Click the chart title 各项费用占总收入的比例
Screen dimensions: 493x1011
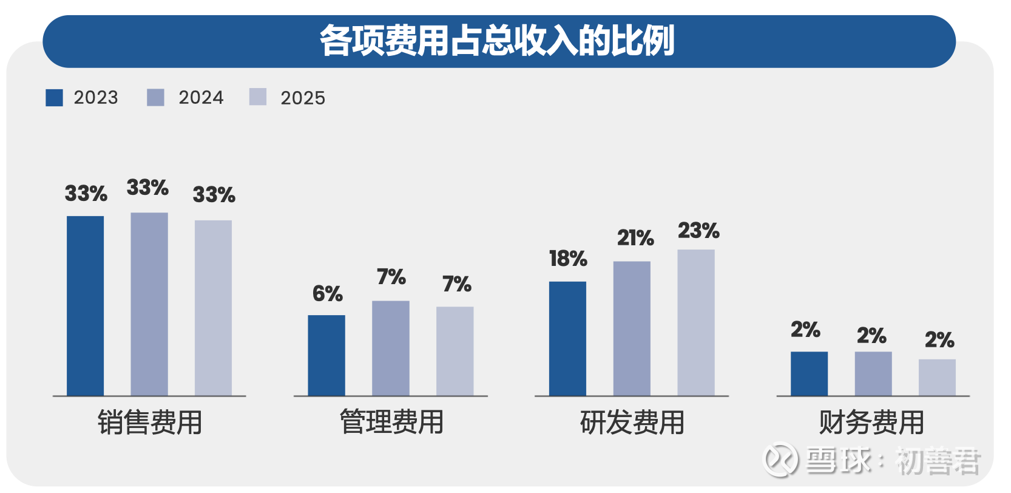coord(498,41)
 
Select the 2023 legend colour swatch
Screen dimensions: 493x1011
coord(54,98)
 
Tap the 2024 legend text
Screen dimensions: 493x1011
coord(201,98)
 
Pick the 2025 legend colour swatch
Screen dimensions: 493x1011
coord(258,97)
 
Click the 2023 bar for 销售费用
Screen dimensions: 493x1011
coord(85,306)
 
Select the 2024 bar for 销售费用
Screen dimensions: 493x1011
coord(149,304)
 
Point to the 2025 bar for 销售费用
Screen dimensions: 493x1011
coord(213,308)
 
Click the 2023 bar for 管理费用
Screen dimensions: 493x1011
coord(326,355)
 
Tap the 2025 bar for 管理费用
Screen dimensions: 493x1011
coord(455,351)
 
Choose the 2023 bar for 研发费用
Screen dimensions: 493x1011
coord(567,338)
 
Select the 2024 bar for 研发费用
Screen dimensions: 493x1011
coord(632,328)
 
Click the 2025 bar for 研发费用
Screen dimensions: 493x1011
coord(696,322)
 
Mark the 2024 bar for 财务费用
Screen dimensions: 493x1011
coord(873,373)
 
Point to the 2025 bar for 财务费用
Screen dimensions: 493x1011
coord(937,377)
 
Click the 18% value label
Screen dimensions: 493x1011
coord(568,259)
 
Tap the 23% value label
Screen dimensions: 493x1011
coord(698,231)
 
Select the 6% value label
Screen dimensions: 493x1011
coord(328,294)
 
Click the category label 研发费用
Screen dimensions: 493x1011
coord(632,423)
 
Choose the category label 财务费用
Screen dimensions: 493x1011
coord(871,423)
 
